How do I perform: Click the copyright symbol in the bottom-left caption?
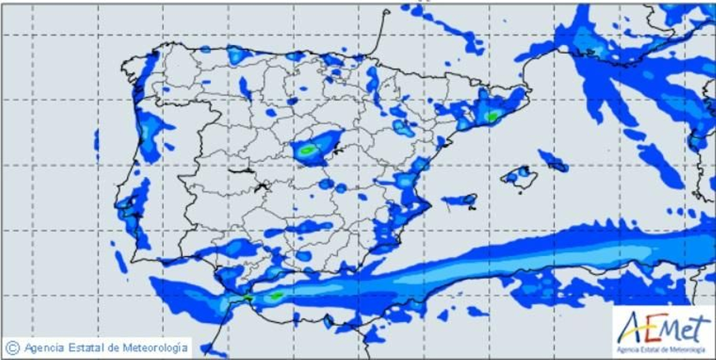click(12, 347)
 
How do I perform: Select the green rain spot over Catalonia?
click(492, 117)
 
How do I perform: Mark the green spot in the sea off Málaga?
click(276, 296)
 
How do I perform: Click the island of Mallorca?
click(519, 176)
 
